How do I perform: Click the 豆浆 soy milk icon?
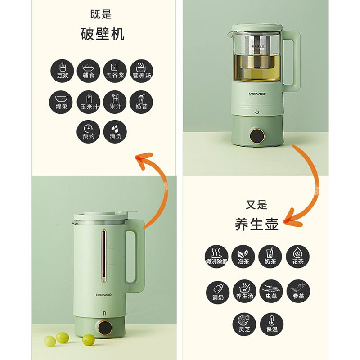pos(63,71)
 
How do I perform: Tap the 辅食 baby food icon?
pos(89,71)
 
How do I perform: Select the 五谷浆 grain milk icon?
pos(115,71)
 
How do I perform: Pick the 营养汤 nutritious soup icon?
pos(141,71)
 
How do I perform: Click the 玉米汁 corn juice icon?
pos(89,102)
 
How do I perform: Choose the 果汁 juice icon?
pos(115,102)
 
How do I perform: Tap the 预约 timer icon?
pos(89,132)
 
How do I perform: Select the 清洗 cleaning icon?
pos(115,132)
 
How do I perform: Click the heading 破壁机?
pos(102,34)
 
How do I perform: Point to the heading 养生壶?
pos(257,224)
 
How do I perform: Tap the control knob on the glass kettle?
pos(257,135)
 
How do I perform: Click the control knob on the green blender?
pos(105,327)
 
